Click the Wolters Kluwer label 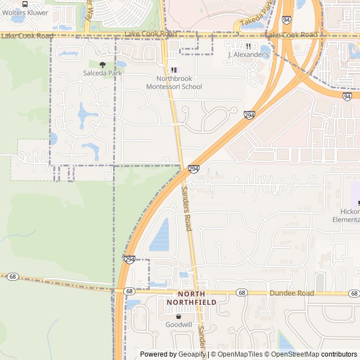[x=24, y=12]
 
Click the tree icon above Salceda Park [x=102, y=65]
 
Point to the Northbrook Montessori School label [x=174, y=83]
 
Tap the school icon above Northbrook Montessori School [x=174, y=70]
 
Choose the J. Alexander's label [x=248, y=55]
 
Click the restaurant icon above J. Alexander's [x=248, y=46]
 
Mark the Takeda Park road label [x=256, y=15]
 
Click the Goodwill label [x=178, y=325]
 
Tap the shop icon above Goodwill [x=178, y=316]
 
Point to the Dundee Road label [x=291, y=293]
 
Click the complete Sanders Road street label [x=187, y=209]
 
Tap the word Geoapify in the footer [x=192, y=354]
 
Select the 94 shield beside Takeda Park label [x=287, y=20]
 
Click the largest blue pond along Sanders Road [x=160, y=235]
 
